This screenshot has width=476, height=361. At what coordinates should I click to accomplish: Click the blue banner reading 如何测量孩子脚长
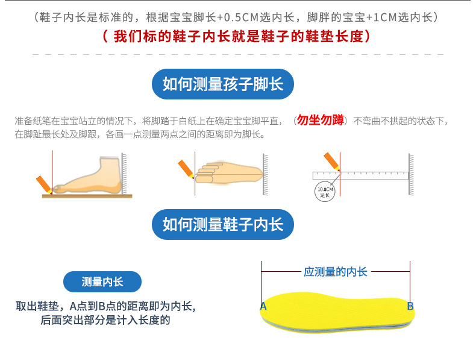click(x=223, y=84)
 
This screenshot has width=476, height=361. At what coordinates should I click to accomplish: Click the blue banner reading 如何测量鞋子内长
click(x=223, y=224)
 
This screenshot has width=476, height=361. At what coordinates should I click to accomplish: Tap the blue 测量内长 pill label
click(x=102, y=282)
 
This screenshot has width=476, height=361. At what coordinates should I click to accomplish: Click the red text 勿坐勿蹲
click(x=321, y=120)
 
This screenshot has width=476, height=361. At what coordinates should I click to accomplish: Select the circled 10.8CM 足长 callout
click(x=325, y=192)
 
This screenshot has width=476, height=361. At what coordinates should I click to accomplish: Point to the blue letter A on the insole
click(x=263, y=306)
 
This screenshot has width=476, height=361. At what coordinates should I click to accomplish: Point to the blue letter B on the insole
click(x=410, y=306)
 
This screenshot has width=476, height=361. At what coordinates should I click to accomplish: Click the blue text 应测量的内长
click(x=336, y=272)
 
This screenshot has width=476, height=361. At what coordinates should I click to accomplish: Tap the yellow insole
click(x=337, y=312)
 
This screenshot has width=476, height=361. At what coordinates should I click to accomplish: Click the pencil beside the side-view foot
click(x=45, y=184)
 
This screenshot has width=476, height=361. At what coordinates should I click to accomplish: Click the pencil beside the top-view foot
click(x=186, y=169)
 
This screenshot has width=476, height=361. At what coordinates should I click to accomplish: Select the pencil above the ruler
click(x=331, y=161)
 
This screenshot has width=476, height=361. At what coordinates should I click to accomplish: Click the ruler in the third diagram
click(x=361, y=175)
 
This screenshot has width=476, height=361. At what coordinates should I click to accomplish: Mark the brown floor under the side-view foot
click(x=87, y=196)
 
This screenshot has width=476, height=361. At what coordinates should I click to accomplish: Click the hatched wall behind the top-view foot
click(x=265, y=174)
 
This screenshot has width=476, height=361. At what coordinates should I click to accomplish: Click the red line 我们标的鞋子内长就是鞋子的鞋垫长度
click(x=236, y=36)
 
